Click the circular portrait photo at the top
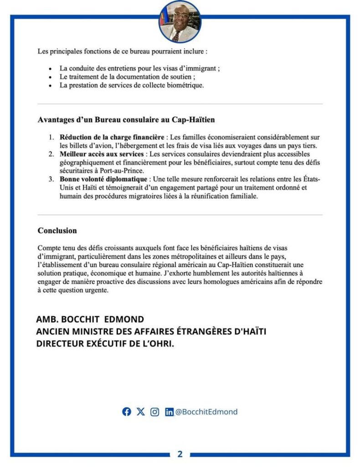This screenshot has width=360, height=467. click(x=180, y=21)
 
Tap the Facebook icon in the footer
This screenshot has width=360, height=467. click(x=127, y=412)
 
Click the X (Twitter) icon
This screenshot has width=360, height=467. click(x=141, y=412)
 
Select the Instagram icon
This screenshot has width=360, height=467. click(x=155, y=412)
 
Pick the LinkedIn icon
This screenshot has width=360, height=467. click(x=169, y=412)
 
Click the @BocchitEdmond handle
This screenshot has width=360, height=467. click(x=206, y=412)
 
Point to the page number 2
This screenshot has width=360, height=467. click(x=180, y=454)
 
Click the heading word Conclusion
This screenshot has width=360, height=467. click(x=57, y=231)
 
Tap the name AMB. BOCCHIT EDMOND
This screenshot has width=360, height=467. click(x=90, y=319)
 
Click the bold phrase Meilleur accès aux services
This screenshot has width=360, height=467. click(x=101, y=154)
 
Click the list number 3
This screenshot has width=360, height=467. click(x=51, y=179)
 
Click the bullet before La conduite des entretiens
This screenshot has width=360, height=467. click(x=50, y=69)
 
